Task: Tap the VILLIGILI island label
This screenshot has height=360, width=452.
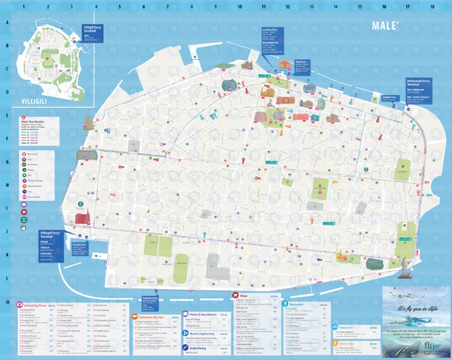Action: [31, 101]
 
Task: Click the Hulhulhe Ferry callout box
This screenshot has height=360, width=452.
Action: [388, 98]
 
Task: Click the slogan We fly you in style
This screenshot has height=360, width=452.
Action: [416, 308]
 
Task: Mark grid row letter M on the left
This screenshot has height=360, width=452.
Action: [8, 303]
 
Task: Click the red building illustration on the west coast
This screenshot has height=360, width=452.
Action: [81, 216]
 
